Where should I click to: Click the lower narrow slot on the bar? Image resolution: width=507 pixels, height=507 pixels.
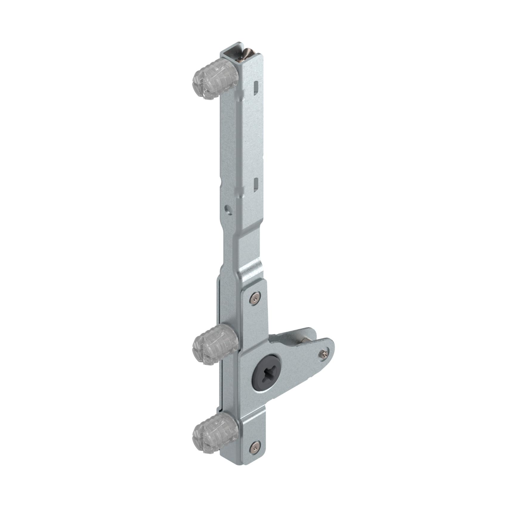point(256,184)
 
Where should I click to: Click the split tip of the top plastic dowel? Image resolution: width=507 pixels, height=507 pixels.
point(197,86)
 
